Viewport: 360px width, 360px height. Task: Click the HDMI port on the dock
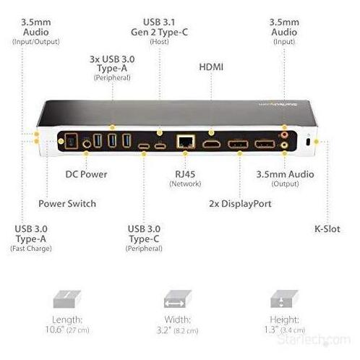[211, 144]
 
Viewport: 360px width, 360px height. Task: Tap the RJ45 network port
[185, 142]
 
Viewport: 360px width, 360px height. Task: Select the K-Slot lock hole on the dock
[308, 142]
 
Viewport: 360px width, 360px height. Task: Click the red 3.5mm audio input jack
[285, 134]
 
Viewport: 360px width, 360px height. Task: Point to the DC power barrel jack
[86, 144]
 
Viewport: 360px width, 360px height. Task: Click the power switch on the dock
[72, 141]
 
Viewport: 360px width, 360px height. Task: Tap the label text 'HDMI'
[211, 67]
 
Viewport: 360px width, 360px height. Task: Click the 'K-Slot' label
[327, 229]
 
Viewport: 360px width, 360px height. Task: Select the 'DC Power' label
[86, 174]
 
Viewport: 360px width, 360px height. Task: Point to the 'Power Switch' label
[67, 204]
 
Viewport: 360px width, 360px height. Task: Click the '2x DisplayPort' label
[240, 204]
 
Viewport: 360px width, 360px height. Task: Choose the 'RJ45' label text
[185, 174]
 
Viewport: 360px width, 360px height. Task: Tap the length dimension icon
[67, 299]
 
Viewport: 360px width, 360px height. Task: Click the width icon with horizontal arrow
[178, 299]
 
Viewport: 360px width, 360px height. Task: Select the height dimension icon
[284, 299]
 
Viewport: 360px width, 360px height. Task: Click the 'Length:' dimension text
[67, 320]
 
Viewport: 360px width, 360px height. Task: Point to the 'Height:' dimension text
[284, 320]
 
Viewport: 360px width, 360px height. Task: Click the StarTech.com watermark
[314, 340]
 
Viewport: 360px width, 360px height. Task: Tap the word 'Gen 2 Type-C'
[159, 33]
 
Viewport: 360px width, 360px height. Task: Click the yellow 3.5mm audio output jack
[285, 145]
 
